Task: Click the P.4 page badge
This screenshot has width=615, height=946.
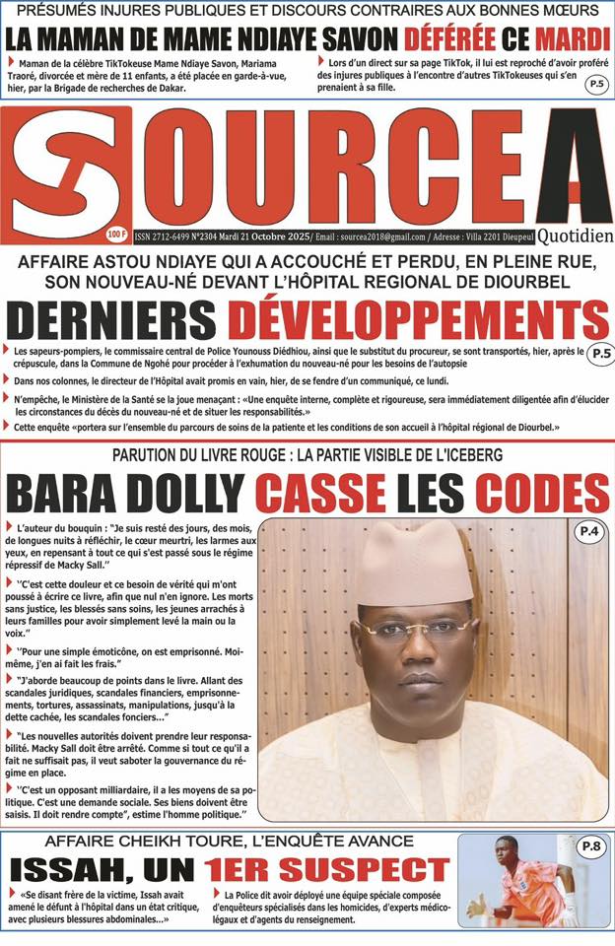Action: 588,533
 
